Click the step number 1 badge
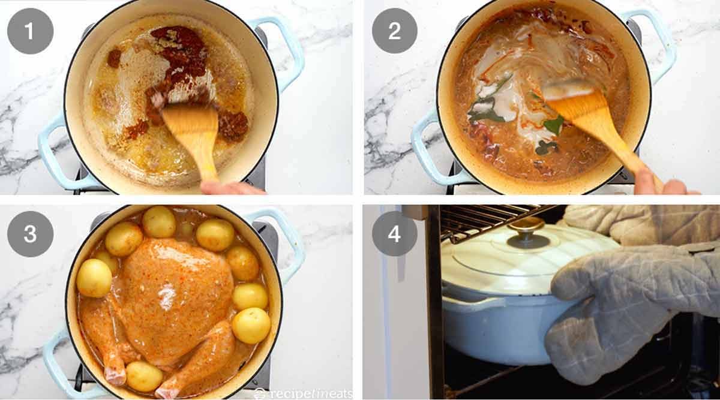[30, 31]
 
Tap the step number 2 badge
[395, 31]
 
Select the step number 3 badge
[30, 234]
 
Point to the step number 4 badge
[395, 234]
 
